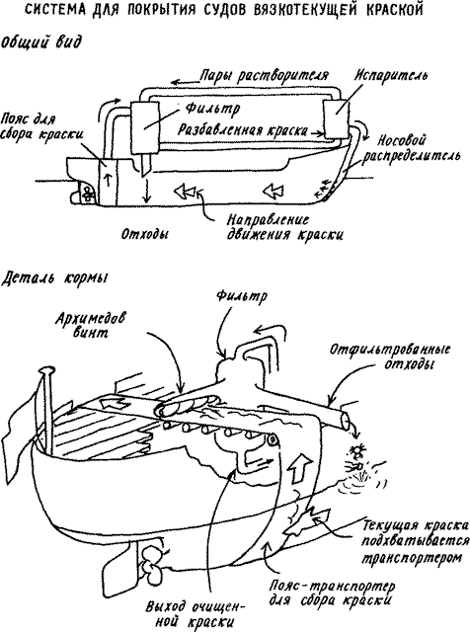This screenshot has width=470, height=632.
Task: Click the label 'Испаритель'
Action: (x=391, y=76)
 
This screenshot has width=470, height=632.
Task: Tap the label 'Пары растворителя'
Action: (x=264, y=76)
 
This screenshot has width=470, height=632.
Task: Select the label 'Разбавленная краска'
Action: (x=243, y=129)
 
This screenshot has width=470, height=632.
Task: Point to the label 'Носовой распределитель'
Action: (x=411, y=148)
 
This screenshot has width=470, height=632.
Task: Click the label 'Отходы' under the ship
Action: (x=145, y=234)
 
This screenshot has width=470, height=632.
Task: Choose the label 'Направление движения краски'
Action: (x=284, y=227)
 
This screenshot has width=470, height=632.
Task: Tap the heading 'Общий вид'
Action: (x=41, y=41)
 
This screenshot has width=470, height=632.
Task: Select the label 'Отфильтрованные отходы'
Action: (x=390, y=356)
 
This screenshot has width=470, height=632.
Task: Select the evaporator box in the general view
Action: (x=336, y=118)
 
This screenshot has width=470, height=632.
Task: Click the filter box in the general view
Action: (x=145, y=127)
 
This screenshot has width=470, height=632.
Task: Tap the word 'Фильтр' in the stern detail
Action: (x=241, y=296)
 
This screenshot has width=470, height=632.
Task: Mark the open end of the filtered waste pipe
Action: (x=347, y=423)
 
